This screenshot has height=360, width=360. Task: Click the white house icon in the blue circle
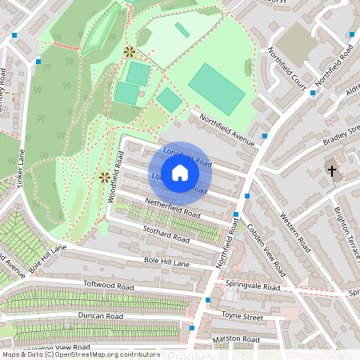180,172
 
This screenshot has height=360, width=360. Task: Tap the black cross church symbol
331,170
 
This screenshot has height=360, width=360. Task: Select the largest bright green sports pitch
216,89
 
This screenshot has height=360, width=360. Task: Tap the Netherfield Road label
172,208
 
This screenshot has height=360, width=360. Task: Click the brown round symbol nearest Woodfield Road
104,177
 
